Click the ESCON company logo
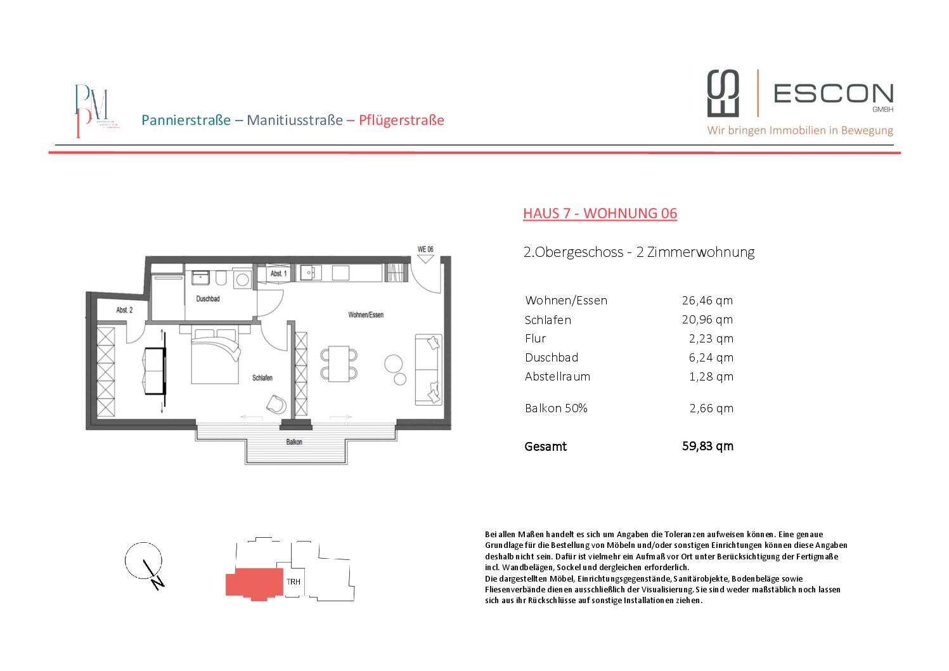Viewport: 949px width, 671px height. (x=800, y=101)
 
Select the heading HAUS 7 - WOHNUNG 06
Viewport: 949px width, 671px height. (x=600, y=213)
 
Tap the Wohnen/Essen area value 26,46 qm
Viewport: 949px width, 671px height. (x=707, y=301)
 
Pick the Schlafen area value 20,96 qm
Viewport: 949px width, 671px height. (x=707, y=320)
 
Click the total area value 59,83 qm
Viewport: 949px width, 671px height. (x=707, y=446)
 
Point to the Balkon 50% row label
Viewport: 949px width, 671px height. (x=556, y=408)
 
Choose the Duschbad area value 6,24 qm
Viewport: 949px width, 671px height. (x=711, y=358)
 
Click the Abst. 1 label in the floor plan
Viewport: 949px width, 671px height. (x=278, y=274)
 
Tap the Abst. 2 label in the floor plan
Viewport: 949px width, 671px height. (x=124, y=310)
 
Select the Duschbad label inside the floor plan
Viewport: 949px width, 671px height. (x=208, y=299)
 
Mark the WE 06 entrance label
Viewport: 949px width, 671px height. (x=425, y=249)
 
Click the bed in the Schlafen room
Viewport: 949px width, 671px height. (x=216, y=355)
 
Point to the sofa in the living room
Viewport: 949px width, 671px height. (x=429, y=369)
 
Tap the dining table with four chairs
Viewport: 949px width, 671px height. (x=339, y=364)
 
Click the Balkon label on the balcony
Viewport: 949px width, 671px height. (x=294, y=442)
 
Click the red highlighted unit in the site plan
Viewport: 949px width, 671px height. (x=254, y=583)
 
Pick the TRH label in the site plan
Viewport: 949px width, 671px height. (x=294, y=582)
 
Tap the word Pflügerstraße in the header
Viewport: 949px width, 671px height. (x=401, y=121)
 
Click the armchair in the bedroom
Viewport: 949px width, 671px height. (x=276, y=403)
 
